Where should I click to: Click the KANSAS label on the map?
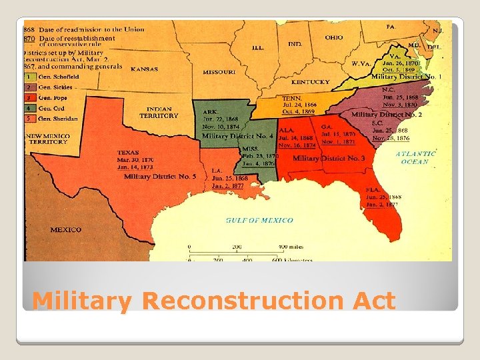point(144,69)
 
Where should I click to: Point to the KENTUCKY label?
point(310,82)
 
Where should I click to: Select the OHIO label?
point(334,38)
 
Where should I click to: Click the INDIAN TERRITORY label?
point(159,112)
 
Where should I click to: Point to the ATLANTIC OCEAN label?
point(416,157)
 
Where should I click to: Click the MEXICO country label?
point(65,230)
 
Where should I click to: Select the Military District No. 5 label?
point(160,177)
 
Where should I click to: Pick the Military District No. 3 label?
point(329,159)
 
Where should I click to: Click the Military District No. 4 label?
point(237,136)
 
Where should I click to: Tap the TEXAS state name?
point(128,153)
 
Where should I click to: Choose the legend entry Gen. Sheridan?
point(57,119)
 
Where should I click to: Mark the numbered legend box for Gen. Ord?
point(29,108)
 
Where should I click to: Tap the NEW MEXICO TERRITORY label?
point(51,139)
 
